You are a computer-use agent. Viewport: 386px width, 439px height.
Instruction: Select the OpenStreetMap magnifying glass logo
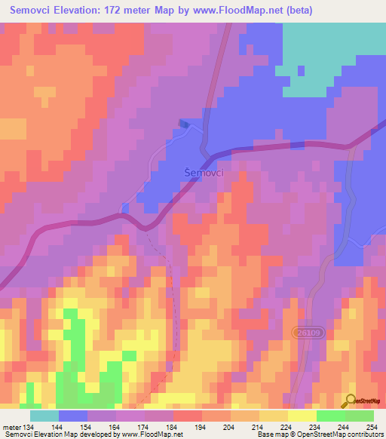pos(351,401)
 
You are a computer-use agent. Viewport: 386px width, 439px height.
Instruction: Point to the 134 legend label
pos(29,426)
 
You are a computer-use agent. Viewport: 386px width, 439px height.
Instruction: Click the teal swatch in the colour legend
pos(44,415)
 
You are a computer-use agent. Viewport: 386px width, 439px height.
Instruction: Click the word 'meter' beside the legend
pos(12,426)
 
